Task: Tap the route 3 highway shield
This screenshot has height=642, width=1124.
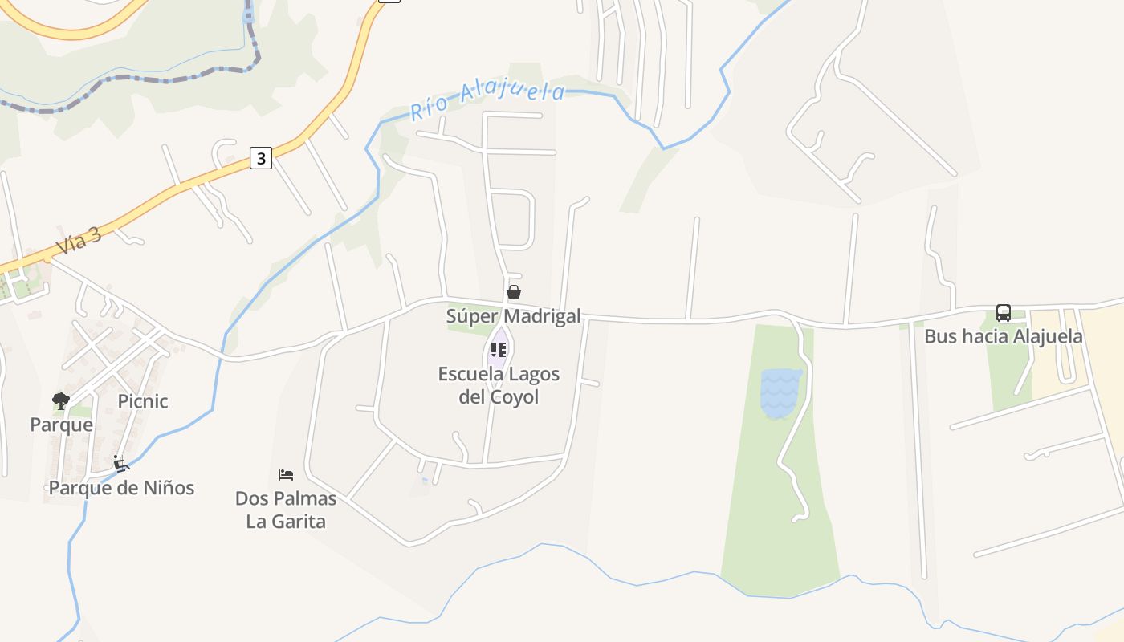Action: (260, 158)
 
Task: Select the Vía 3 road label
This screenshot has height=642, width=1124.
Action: (79, 241)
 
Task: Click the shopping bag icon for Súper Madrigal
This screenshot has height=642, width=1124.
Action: (514, 292)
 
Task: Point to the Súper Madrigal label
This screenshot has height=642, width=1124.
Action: (513, 316)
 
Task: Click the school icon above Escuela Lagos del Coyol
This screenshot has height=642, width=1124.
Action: (499, 350)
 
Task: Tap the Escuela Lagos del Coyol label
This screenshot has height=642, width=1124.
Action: (499, 385)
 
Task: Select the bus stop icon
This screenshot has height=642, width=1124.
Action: (1003, 313)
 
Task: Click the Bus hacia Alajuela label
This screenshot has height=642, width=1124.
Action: (1003, 336)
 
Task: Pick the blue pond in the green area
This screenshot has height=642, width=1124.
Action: (780, 393)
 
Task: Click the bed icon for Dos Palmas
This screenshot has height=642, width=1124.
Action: (285, 475)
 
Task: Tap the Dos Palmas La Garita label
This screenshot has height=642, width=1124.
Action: (286, 510)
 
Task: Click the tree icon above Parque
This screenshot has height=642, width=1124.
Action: (61, 400)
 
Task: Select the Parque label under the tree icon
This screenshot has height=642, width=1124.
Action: (61, 425)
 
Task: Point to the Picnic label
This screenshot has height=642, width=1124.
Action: (143, 401)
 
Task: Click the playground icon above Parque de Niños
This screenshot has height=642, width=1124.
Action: (121, 463)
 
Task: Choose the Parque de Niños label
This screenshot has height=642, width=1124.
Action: (121, 487)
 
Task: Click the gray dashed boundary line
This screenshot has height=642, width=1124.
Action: (161, 79)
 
